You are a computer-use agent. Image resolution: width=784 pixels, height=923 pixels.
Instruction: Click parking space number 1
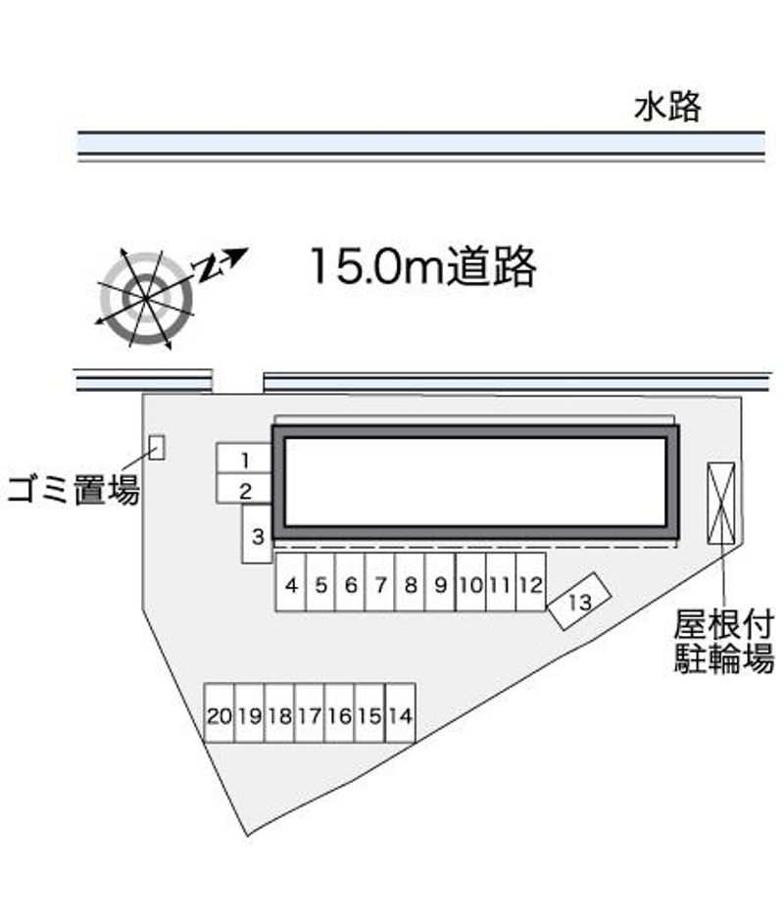click(244, 459)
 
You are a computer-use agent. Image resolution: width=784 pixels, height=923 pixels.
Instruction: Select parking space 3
click(257, 534)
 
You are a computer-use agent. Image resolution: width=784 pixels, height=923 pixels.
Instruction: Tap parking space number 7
click(379, 582)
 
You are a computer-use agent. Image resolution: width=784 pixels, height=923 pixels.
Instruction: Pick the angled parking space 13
click(579, 601)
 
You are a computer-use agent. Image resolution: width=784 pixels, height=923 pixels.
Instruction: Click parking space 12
click(530, 582)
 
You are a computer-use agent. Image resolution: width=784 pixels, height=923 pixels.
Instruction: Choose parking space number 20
click(219, 713)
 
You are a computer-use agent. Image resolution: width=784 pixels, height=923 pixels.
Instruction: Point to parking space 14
click(400, 713)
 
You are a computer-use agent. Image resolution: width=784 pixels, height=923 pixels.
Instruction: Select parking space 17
click(310, 713)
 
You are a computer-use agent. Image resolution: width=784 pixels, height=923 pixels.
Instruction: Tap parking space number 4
click(290, 582)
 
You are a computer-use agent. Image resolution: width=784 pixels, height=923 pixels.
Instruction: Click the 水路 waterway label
click(667, 107)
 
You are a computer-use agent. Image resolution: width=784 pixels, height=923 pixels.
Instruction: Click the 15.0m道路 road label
click(422, 267)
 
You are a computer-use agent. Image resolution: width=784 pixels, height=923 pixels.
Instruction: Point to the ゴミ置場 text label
click(74, 490)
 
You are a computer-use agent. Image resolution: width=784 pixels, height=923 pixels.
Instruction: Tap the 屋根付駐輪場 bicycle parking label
click(723, 641)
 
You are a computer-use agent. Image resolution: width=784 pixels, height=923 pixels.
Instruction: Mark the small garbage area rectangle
click(157, 448)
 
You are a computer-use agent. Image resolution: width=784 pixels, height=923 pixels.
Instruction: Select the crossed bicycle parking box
click(721, 503)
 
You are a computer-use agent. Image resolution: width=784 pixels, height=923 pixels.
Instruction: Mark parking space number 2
click(244, 489)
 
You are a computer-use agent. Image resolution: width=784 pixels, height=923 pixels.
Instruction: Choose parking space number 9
click(440, 582)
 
